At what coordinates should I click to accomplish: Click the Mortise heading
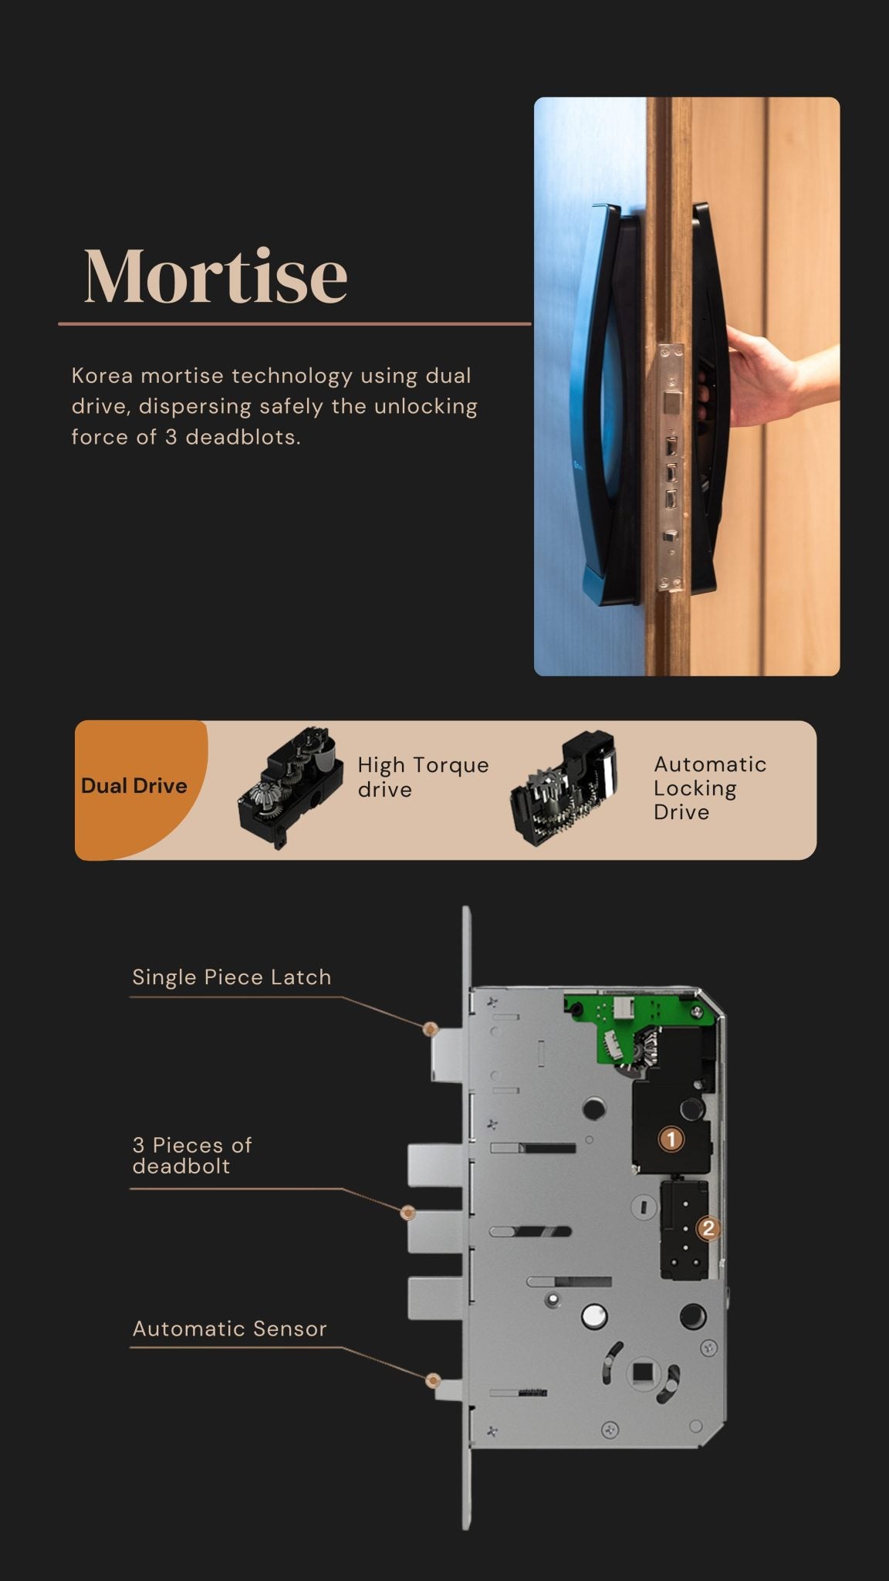coord(215,276)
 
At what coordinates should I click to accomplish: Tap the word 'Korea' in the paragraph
coord(102,376)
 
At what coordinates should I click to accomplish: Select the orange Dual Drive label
coord(134,786)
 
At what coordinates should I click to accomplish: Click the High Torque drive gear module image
coord(291,787)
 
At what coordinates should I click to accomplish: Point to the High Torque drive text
coord(422,777)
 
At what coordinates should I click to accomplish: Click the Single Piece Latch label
coord(232,977)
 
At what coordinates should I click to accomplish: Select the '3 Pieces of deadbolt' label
coord(191,1155)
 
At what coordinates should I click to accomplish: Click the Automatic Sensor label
coord(229,1329)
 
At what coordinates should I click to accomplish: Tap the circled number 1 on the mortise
coord(671,1139)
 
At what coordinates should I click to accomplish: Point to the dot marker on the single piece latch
coord(431,1028)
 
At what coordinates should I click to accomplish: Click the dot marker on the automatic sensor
coord(433,1380)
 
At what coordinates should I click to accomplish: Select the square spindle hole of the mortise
coord(641,1372)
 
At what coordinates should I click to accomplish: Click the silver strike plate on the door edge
coord(671,467)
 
